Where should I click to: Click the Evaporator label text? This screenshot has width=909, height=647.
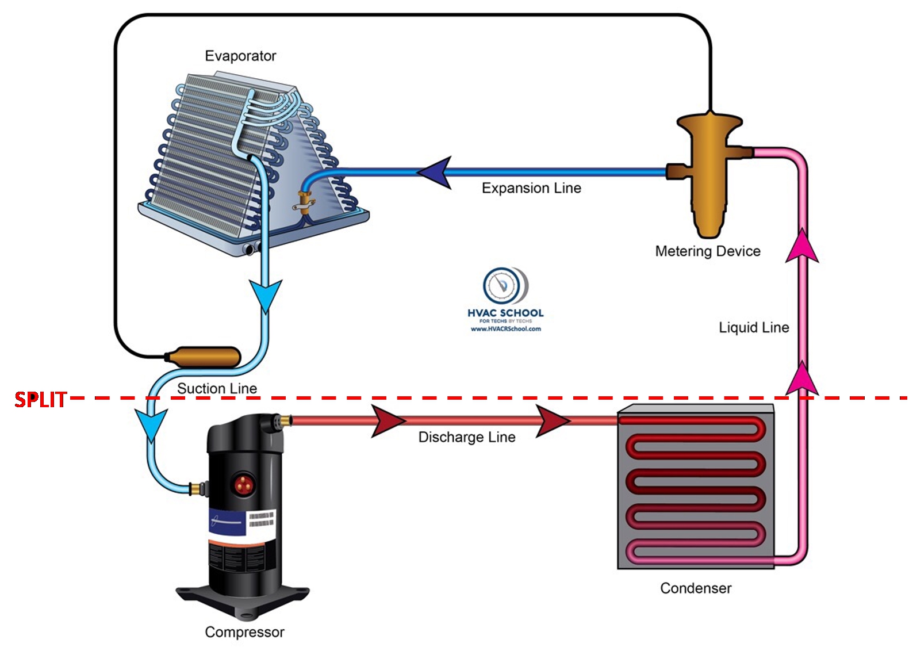click(x=240, y=56)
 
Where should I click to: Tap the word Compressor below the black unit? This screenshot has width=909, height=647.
click(x=244, y=632)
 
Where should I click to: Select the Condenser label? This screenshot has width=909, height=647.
click(x=696, y=588)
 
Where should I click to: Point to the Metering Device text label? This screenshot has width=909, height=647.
click(x=708, y=251)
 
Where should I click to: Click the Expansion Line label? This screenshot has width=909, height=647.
click(x=531, y=188)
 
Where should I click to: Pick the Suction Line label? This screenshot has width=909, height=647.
click(x=217, y=388)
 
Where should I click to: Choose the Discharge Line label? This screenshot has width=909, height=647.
click(x=467, y=437)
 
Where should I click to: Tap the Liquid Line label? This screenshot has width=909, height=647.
click(x=754, y=327)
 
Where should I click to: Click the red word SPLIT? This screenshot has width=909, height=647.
click(x=40, y=399)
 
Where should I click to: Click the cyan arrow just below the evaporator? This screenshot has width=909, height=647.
click(x=266, y=294)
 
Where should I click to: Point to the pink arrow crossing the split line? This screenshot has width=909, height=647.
click(x=802, y=379)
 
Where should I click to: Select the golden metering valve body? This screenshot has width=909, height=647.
click(x=709, y=173)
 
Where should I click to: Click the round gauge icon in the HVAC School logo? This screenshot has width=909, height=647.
click(x=502, y=285)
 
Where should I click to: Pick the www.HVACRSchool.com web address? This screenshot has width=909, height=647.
click(x=505, y=329)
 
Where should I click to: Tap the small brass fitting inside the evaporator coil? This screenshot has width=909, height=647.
click(x=304, y=202)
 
